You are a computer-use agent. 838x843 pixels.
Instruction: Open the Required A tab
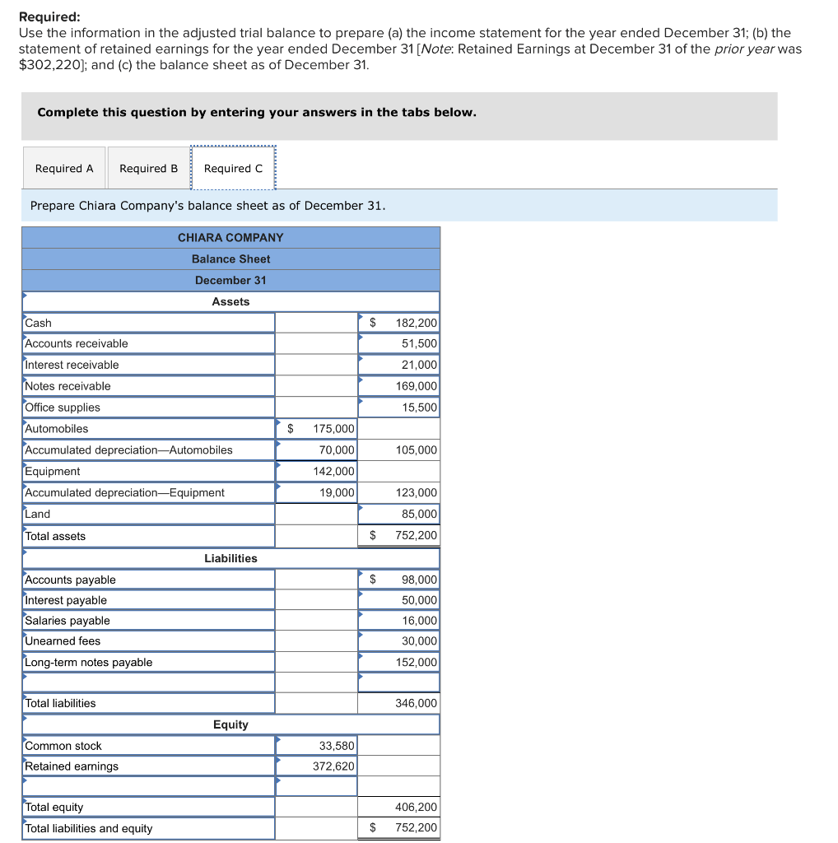[x=64, y=169]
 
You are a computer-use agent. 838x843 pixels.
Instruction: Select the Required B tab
[x=148, y=169]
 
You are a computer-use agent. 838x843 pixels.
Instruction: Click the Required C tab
[x=233, y=169]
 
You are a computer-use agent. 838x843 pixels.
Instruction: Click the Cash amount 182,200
[x=416, y=323]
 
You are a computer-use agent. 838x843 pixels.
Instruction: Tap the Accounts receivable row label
[x=77, y=343]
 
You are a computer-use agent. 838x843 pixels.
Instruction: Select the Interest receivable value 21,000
[x=420, y=365]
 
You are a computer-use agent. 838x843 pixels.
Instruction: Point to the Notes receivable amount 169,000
[x=417, y=386]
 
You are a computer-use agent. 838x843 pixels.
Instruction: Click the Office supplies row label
[x=63, y=408]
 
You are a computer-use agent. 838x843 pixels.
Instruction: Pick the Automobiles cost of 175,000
[x=333, y=429]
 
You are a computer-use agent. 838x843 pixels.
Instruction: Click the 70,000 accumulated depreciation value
[x=338, y=450]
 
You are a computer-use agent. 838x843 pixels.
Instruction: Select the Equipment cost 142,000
[x=333, y=472]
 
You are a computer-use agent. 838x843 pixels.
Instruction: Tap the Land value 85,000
[x=420, y=515]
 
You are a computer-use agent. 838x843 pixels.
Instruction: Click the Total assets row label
[x=55, y=536]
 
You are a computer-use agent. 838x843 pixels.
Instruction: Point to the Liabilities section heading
[x=230, y=558]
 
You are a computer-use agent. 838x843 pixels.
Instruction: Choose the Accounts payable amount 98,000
[x=420, y=580]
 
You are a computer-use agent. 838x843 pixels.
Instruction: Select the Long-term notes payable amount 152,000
[x=417, y=663]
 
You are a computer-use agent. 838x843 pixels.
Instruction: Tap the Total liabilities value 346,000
[x=417, y=704]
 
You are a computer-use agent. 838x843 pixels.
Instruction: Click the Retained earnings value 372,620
[x=333, y=766]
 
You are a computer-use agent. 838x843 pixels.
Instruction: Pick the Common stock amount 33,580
[x=337, y=746]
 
